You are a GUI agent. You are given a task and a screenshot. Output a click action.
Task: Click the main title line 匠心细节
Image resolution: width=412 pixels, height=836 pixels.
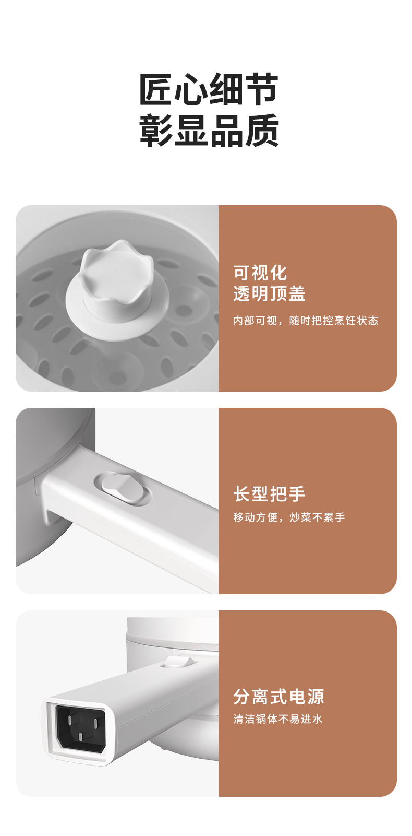pyautogui.click(x=209, y=89)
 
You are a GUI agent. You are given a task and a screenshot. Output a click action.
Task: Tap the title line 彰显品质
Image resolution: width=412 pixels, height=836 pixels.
pyautogui.click(x=209, y=130)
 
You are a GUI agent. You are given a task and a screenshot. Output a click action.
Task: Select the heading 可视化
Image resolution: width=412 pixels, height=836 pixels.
pyautogui.click(x=260, y=273)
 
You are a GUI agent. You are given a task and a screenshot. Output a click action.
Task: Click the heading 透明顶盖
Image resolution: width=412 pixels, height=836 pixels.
pyautogui.click(x=269, y=293)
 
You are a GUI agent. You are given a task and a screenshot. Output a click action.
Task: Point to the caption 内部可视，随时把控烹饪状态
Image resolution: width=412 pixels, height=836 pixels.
pyautogui.click(x=306, y=321)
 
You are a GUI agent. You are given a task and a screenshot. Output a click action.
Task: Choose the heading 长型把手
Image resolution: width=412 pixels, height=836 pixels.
pyautogui.click(x=269, y=494)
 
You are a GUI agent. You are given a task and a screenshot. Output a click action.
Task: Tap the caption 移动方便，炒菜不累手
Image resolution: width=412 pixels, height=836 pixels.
pyautogui.click(x=289, y=517)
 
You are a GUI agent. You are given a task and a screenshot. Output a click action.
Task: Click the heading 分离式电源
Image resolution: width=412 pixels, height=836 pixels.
pyautogui.click(x=278, y=697)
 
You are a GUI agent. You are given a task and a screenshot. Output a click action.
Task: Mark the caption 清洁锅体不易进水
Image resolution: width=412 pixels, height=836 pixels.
pyautogui.click(x=278, y=719)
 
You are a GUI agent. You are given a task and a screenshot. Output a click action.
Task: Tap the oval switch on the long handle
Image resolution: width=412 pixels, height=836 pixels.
pyautogui.click(x=123, y=488)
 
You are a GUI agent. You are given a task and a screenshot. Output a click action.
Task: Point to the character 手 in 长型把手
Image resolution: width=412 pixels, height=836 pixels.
pyautogui.click(x=297, y=494)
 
